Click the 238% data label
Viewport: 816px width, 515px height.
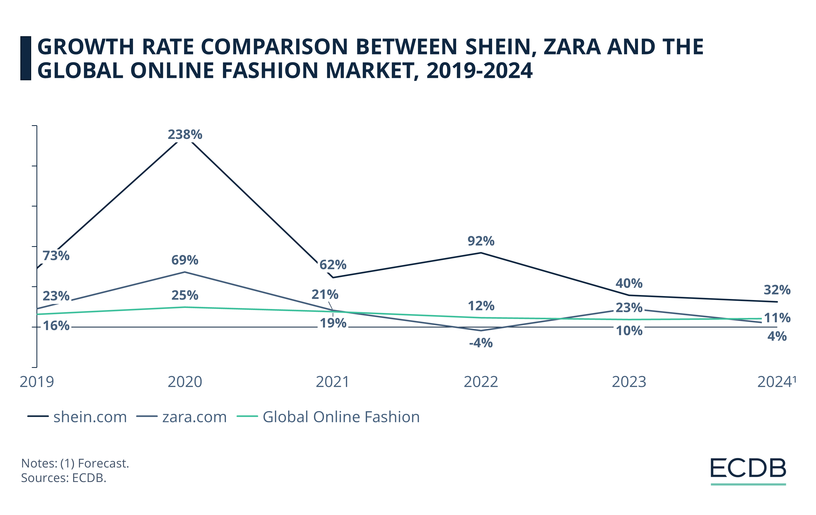pos(185,135)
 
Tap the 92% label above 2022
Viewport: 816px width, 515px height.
pos(481,241)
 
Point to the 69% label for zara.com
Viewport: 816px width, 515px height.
pos(185,260)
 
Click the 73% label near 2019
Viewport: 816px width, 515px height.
pos(56,256)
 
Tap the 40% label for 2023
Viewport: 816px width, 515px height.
pos(629,283)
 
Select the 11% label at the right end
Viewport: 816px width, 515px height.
pos(777,318)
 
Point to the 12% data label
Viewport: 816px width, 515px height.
pos(481,306)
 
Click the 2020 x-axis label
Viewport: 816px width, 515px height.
pos(185,382)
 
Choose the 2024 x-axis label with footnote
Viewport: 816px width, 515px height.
pos(776,382)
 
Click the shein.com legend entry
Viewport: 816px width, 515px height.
pos(77,417)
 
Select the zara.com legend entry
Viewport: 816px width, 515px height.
pos(182,417)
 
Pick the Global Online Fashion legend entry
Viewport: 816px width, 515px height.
pos(328,417)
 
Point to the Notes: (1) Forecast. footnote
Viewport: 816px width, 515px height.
pos(75,463)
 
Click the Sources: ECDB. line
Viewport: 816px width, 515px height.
pos(64,478)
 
